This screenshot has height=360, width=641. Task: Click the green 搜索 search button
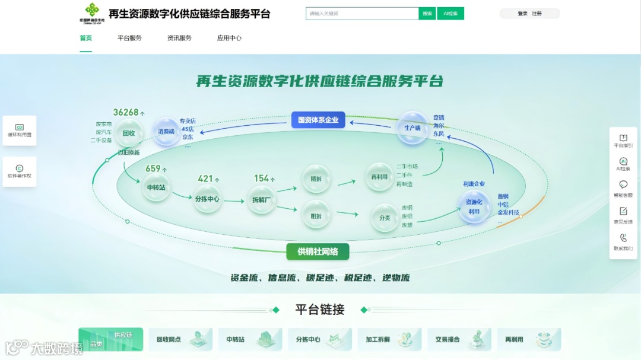(427, 14)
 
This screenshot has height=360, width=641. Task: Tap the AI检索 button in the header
(450, 14)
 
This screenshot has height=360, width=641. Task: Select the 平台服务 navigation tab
(129, 38)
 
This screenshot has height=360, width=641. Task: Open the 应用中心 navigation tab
(229, 38)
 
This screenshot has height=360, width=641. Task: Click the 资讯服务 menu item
(179, 38)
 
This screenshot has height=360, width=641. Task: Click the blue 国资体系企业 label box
(318, 120)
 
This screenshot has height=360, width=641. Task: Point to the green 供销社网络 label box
(318, 251)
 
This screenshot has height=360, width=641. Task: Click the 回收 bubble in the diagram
(129, 134)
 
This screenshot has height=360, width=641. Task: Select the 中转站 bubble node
(156, 187)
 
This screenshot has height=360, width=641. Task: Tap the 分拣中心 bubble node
(207, 199)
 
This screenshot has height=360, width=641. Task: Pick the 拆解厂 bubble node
(262, 200)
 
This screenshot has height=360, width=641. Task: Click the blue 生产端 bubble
(412, 128)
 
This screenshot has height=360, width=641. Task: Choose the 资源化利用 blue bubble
(474, 207)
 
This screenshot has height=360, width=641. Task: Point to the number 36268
(126, 112)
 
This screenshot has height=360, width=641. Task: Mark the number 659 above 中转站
(153, 168)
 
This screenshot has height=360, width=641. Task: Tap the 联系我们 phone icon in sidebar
(623, 242)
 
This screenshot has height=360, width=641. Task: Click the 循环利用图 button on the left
(20, 130)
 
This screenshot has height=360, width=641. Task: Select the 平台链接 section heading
(320, 310)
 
